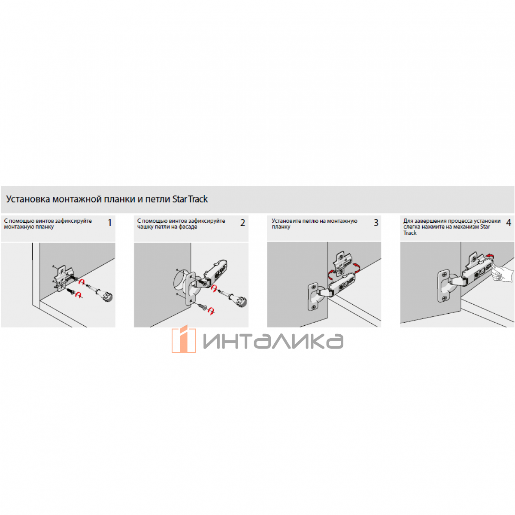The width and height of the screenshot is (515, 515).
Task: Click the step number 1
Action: [109, 223]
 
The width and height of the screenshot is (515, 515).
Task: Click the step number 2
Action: [242, 223]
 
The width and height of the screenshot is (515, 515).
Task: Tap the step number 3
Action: [376, 223]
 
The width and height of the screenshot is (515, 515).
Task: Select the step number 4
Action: [508, 223]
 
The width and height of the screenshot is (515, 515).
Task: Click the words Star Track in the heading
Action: [190, 199]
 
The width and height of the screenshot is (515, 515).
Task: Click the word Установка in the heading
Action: [28, 200]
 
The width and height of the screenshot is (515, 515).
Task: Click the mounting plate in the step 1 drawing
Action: [64, 278]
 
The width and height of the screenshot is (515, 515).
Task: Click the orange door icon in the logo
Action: [184, 339]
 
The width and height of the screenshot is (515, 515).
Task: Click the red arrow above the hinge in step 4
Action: [489, 256]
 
